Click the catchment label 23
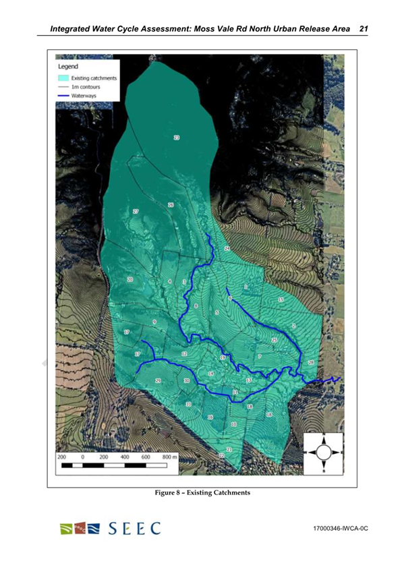tap(177, 138)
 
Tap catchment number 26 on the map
tap(171, 204)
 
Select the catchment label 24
tap(227, 249)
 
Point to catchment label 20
tap(130, 279)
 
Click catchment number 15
tap(281, 299)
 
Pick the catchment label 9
tap(154, 322)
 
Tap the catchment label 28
tap(311, 363)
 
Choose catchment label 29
tap(158, 381)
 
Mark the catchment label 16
tap(210, 418)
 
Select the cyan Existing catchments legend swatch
tap(63, 78)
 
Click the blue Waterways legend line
tap(63, 96)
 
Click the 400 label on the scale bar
tap(125, 457)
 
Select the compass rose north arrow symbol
tap(323, 451)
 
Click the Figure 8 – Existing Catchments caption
tap(202, 493)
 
